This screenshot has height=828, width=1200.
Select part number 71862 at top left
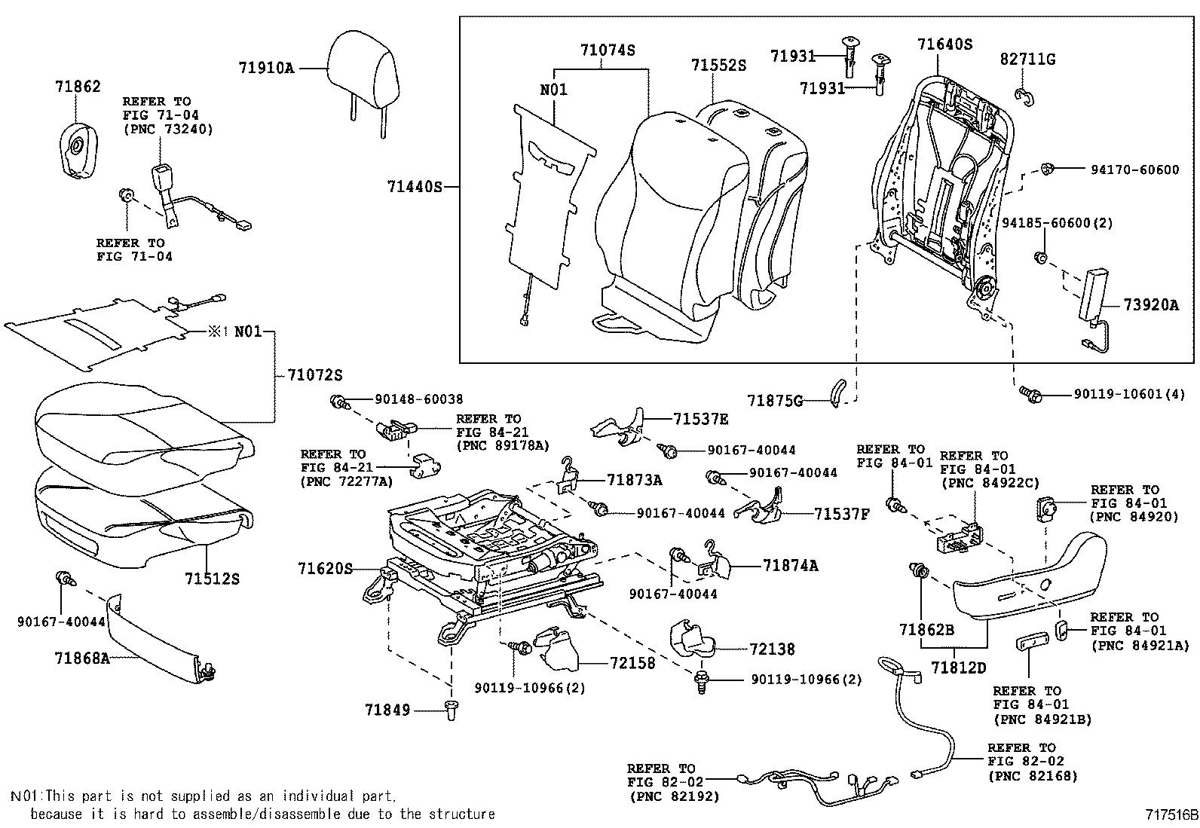click(x=78, y=87)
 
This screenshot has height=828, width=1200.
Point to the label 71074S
click(x=608, y=50)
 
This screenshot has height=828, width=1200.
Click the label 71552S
click(x=718, y=66)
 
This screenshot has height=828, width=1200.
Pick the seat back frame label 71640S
click(x=944, y=44)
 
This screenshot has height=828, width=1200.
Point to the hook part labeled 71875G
click(x=837, y=393)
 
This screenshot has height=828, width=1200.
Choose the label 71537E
click(x=701, y=419)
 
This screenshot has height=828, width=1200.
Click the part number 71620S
click(x=325, y=569)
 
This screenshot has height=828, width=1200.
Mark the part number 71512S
click(x=212, y=579)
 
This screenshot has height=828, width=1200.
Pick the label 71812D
click(x=958, y=668)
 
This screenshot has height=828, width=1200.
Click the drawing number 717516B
click(x=1171, y=814)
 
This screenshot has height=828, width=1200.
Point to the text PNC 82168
click(x=1032, y=775)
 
